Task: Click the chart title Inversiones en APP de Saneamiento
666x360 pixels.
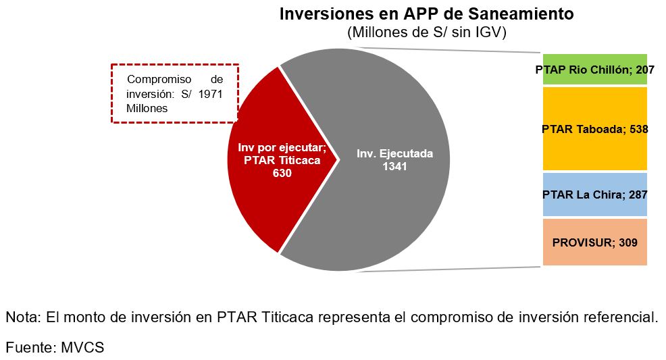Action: coord(426,14)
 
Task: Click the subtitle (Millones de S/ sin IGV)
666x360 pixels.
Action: coord(427,32)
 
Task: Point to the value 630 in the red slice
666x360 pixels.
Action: coord(282,173)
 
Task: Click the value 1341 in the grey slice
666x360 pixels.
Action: coord(394,166)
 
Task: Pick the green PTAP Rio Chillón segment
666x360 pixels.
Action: coord(594,70)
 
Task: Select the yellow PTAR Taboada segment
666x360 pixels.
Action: coord(594,129)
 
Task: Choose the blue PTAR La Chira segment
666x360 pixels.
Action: coord(594,195)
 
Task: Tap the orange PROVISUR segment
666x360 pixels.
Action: coord(594,242)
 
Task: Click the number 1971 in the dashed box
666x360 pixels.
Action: coord(210,94)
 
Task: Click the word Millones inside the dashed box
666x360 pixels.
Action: coord(147,108)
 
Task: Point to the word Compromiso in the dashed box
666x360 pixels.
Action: coord(159,80)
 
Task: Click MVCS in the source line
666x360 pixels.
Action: coord(82,347)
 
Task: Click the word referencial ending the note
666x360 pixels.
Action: coord(621,317)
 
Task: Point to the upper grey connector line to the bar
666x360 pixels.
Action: coord(444,50)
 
